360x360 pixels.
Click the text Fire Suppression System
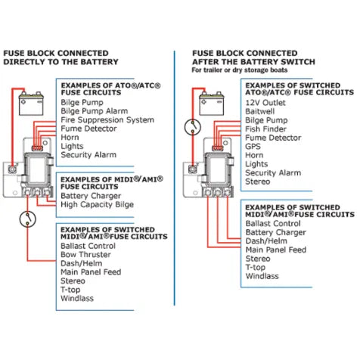coord(107,119)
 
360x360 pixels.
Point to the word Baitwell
coord(259,110)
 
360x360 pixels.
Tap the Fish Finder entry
coord(264,129)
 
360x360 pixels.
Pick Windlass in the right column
coord(261,276)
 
